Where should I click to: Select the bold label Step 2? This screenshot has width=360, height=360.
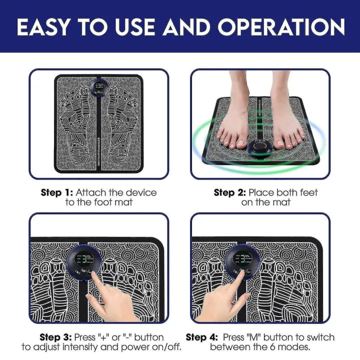click(229, 192)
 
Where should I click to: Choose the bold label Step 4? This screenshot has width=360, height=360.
click(202, 337)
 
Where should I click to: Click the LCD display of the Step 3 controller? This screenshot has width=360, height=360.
click(86, 260)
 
